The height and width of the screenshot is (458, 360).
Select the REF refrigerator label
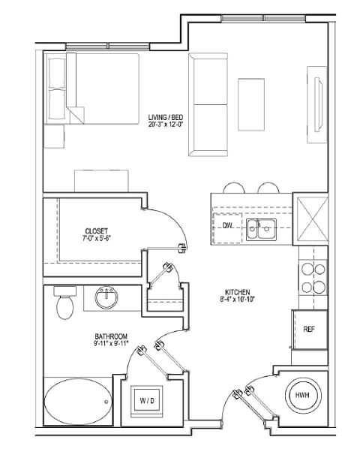pyautogui.click(x=308, y=329)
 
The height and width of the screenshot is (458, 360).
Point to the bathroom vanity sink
pyautogui.click(x=107, y=299)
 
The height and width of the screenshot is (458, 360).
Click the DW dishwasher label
pyautogui.click(x=227, y=225)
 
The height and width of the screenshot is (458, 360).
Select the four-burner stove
pyautogui.click(x=313, y=277)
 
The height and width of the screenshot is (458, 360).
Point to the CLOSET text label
pyautogui.click(x=96, y=231)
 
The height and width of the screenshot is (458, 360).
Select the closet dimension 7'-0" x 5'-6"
pyautogui.click(x=96, y=240)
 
